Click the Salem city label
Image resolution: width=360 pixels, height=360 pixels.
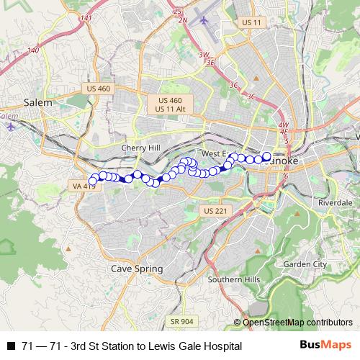(37, 102)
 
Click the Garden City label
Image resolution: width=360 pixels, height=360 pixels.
(305, 264)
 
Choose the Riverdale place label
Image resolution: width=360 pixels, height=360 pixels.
(334, 203)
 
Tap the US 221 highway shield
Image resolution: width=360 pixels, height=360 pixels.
(215, 211)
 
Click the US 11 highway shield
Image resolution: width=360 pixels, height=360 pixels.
(252, 23)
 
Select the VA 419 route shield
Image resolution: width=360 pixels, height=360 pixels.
(84, 186)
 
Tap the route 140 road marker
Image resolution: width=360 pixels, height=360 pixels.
(33, 51)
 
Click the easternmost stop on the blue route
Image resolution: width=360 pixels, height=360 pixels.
(266, 156)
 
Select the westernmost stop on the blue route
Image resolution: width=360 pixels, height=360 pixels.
(91, 181)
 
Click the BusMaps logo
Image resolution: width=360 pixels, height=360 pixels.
(325, 346)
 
